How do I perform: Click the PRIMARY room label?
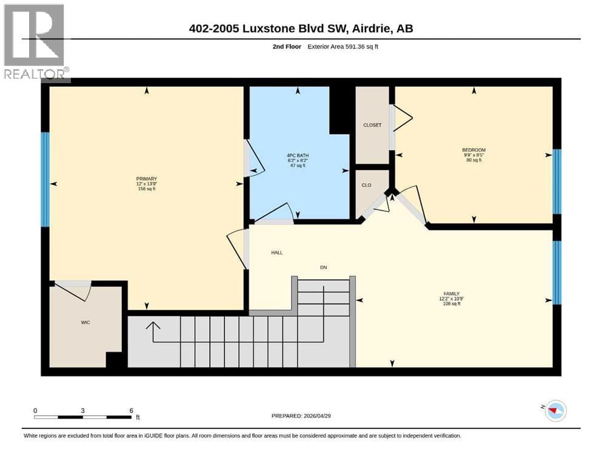(x=147, y=178)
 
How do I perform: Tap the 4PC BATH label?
(x=298, y=155)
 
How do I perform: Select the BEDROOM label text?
(x=473, y=150)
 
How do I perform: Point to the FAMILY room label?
(x=452, y=294)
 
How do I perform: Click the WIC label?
(x=85, y=322)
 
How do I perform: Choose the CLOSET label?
(x=372, y=125)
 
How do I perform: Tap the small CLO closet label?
(x=367, y=185)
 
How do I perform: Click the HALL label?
(x=277, y=252)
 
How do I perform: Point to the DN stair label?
(x=324, y=268)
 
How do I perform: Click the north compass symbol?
(x=555, y=411)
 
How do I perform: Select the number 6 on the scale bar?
(x=132, y=411)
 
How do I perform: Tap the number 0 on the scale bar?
(x=35, y=411)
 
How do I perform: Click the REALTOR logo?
(x=35, y=41)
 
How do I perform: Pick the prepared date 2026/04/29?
(x=317, y=416)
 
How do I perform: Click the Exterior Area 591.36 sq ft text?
(x=343, y=47)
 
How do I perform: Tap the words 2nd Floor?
(x=287, y=47)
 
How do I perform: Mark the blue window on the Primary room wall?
(x=45, y=180)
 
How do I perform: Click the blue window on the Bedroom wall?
(x=557, y=181)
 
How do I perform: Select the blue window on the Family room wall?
(x=557, y=272)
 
